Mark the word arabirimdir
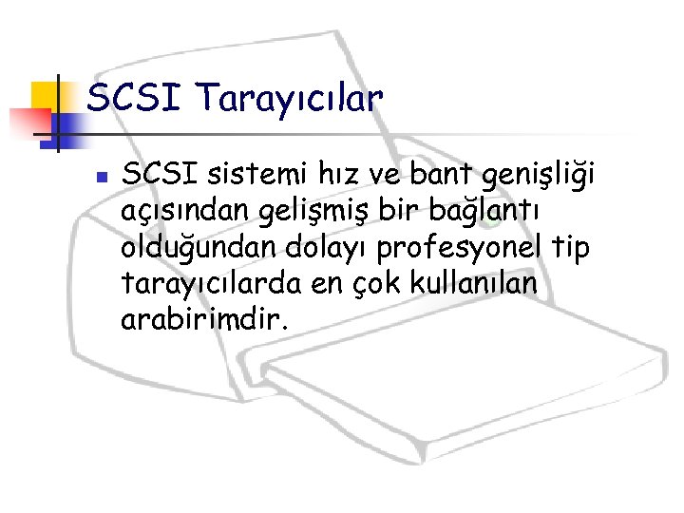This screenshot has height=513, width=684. (x=201, y=318)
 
